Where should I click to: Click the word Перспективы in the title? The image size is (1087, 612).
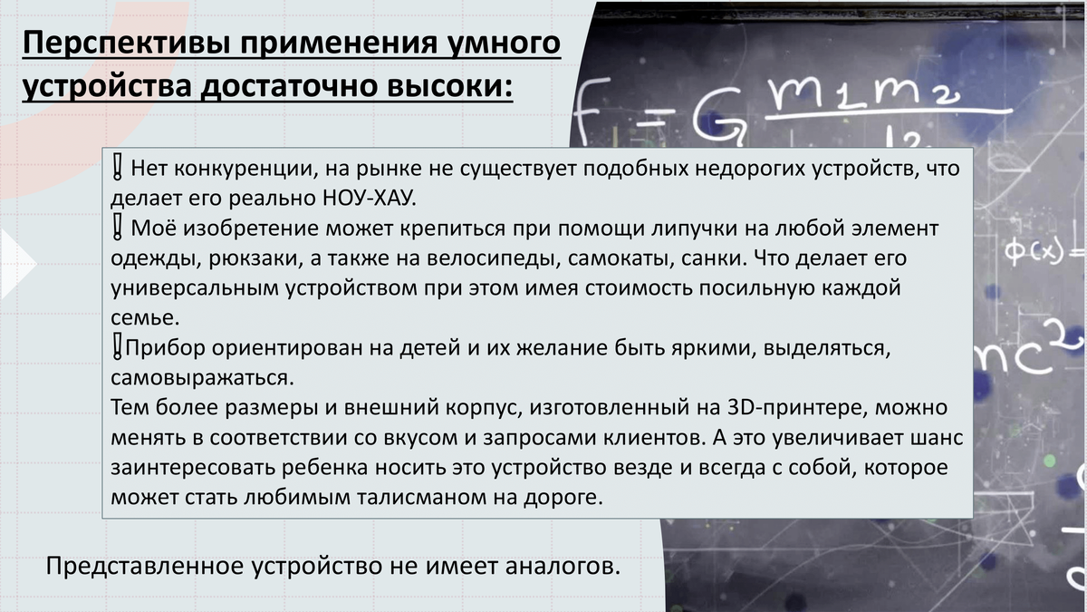pos(127,44)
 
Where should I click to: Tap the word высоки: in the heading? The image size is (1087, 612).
pos(450,85)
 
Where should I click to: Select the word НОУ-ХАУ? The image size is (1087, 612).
pos(370,198)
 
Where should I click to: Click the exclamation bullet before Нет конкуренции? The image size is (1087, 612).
pos(117,168)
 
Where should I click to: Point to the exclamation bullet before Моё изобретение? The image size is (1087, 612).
pos(117,228)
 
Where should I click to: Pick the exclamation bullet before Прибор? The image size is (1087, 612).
pos(117,346)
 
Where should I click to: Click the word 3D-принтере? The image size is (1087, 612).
pos(797,407)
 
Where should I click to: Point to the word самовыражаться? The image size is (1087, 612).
pos(202,378)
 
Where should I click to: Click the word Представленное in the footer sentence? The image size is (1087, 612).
pos(145,567)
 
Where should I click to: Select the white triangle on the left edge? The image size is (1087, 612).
pos(17,263)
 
